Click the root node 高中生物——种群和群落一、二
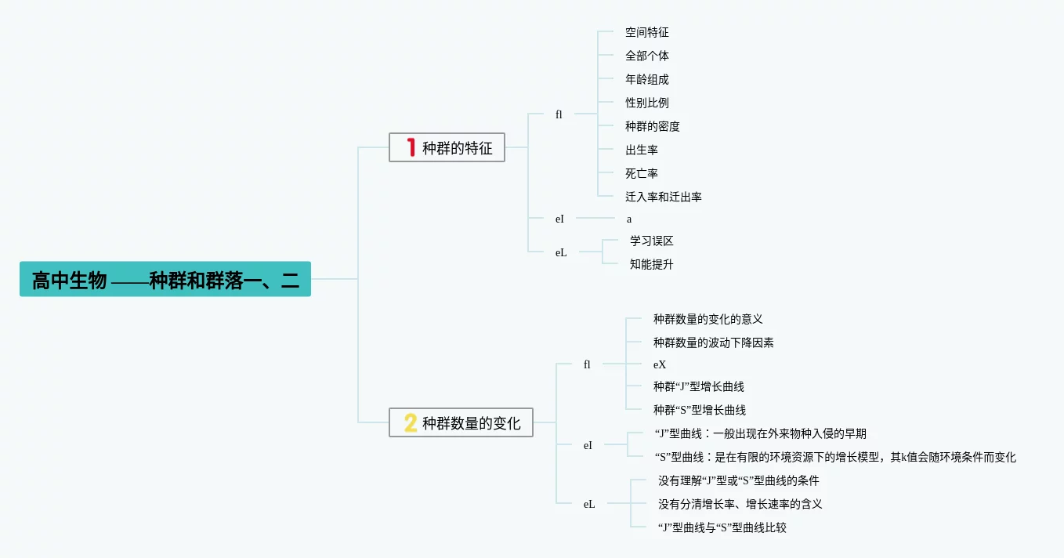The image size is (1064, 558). (x=165, y=279)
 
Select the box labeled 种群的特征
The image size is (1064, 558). (x=447, y=147)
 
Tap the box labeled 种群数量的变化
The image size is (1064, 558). (x=461, y=423)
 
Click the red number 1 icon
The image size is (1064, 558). (x=411, y=147)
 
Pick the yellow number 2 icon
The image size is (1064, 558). (x=411, y=423)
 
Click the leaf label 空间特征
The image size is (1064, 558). (x=646, y=32)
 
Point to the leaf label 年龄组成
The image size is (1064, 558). (x=646, y=79)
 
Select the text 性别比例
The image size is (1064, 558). (x=646, y=103)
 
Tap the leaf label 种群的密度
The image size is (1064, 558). (x=652, y=126)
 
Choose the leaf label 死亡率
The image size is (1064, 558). (x=641, y=173)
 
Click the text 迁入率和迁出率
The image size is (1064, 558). (x=663, y=197)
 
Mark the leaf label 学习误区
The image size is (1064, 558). (x=651, y=241)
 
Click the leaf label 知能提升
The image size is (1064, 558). (x=651, y=264)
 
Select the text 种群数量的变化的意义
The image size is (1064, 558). (x=708, y=319)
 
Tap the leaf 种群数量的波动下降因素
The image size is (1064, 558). (x=713, y=342)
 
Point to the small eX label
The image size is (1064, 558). (x=660, y=364)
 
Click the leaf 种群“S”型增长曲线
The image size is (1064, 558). (x=699, y=410)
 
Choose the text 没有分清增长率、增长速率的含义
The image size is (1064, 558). (x=740, y=504)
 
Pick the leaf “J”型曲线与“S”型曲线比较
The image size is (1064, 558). (x=722, y=527)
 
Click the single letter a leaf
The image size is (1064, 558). (x=629, y=219)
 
